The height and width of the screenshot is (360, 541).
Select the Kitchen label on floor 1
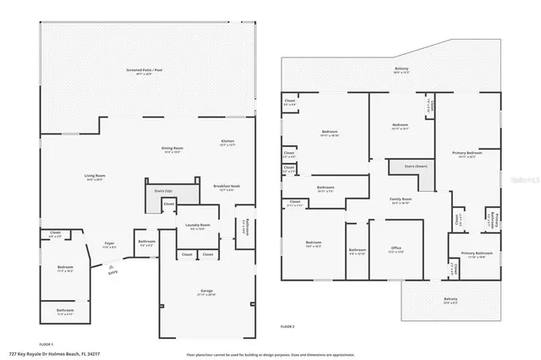227,141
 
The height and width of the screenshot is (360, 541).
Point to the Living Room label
95,176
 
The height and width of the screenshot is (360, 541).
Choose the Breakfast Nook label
227,187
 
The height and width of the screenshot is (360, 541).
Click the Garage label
205,292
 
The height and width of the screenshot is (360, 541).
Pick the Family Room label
401,200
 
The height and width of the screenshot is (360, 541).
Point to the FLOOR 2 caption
288,325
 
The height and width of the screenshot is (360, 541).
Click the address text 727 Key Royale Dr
48,354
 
